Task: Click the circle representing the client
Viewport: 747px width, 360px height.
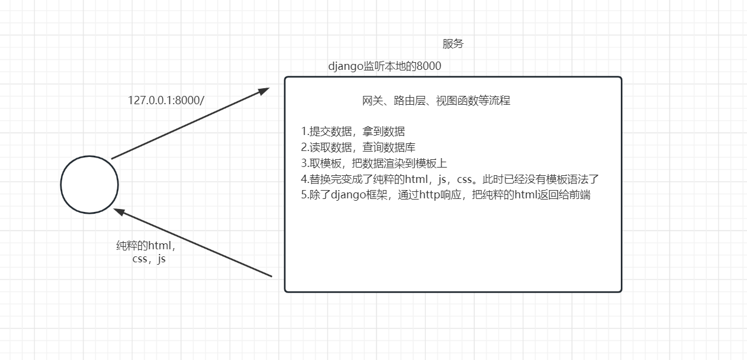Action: click(89, 184)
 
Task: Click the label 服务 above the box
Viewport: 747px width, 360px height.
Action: click(453, 44)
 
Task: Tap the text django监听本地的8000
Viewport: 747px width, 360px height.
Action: click(384, 66)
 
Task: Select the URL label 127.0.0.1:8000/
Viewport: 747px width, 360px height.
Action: click(166, 100)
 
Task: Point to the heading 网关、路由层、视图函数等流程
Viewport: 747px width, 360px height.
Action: click(436, 101)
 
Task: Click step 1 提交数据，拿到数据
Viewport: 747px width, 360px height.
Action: click(353, 131)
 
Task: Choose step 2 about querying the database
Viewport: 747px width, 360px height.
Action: click(358, 147)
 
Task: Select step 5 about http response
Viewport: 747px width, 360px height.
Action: click(445, 195)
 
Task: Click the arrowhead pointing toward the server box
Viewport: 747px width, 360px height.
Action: click(264, 91)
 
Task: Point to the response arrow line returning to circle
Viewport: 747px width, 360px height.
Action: click(195, 243)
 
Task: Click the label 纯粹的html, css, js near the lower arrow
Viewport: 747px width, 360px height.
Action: click(146, 252)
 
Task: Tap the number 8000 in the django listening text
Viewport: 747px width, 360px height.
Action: click(429, 66)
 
